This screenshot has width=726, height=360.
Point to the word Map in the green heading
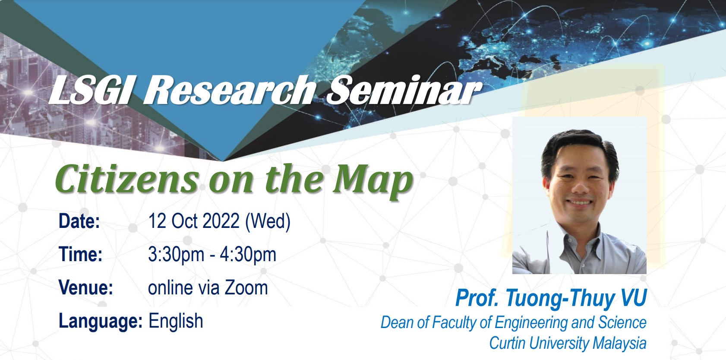point(373,181)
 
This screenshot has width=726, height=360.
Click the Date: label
point(79,221)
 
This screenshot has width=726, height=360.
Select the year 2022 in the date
point(221,221)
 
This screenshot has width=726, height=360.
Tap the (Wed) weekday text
point(268,222)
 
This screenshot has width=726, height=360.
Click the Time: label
point(81,254)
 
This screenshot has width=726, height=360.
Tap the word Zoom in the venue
point(246,287)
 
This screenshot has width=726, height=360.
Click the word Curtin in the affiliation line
point(507,343)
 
